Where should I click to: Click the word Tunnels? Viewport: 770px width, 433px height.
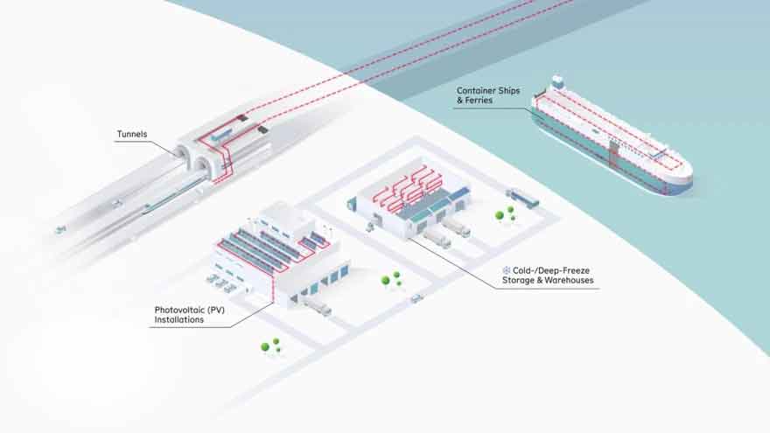point(131,134)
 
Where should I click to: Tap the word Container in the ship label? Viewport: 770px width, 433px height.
point(476,91)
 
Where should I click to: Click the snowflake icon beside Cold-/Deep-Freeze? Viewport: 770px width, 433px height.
point(507,270)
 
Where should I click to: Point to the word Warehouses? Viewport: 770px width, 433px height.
point(569,280)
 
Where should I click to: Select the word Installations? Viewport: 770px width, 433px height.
point(178,319)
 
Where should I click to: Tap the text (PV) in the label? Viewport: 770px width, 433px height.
point(215,311)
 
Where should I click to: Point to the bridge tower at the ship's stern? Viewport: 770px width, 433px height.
point(556,82)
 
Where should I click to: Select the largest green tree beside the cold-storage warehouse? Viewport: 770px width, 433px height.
point(500,215)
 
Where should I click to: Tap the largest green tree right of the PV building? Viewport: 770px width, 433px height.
point(386,281)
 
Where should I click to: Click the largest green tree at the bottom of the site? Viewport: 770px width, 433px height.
point(265,347)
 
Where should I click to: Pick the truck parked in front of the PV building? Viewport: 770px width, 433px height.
point(318,307)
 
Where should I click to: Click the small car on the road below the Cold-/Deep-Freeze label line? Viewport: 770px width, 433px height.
point(416,297)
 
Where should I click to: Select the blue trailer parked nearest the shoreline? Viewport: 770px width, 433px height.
point(522,198)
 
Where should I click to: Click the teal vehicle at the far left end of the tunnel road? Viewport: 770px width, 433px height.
point(60,229)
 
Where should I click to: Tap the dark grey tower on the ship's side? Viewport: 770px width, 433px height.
point(613,153)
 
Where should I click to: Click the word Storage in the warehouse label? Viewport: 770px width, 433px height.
point(518,280)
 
